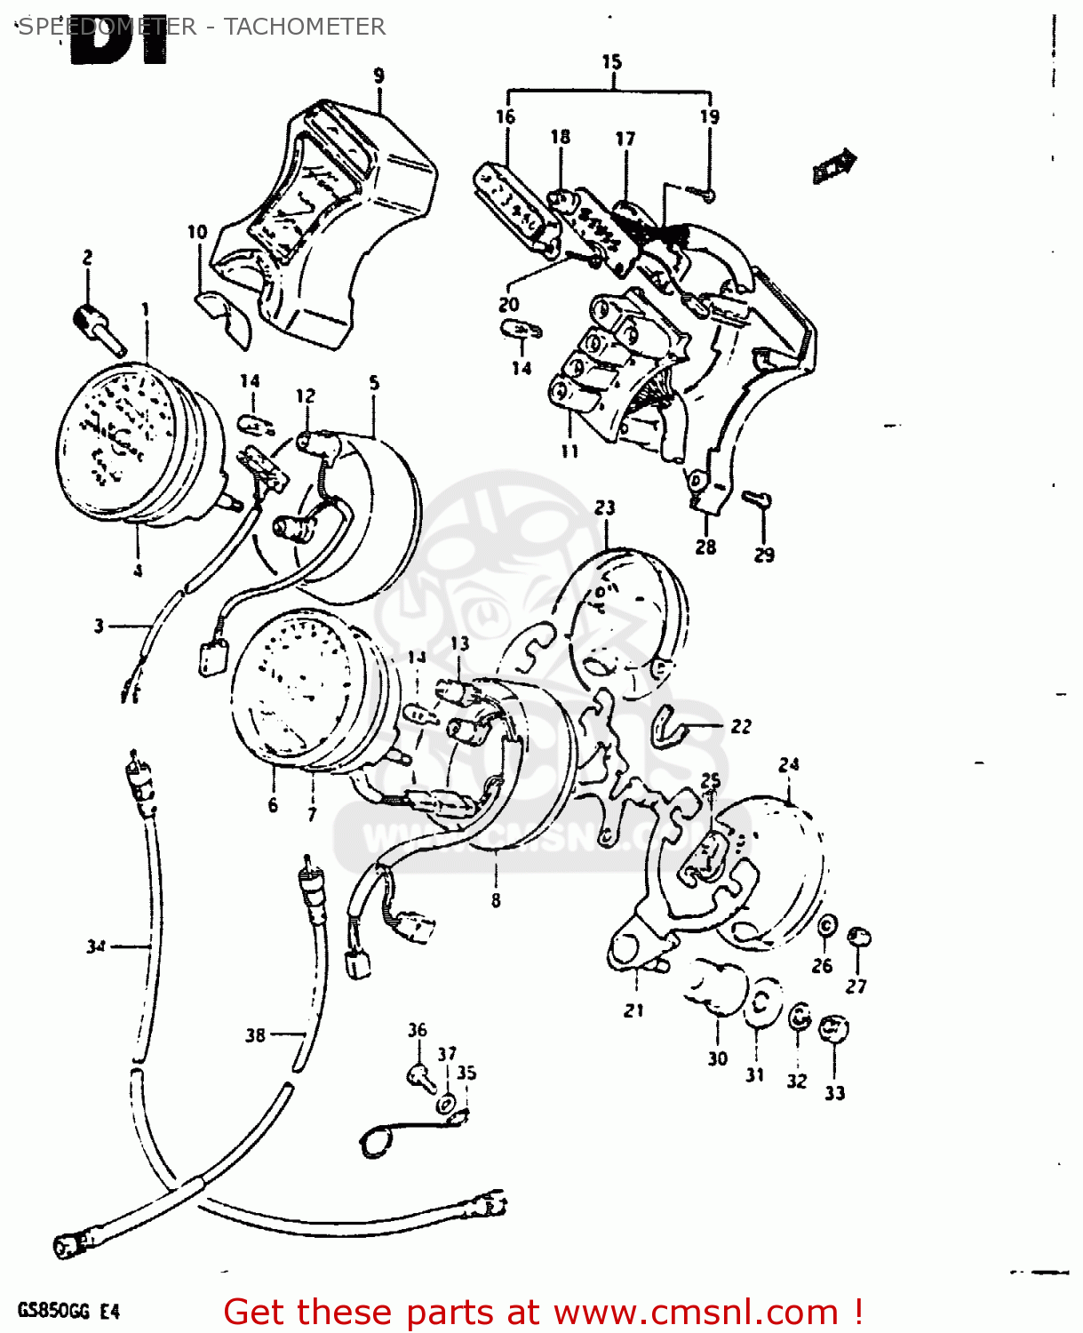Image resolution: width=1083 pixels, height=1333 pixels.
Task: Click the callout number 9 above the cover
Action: (x=379, y=76)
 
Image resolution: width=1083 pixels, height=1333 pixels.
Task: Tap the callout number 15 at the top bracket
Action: (x=611, y=61)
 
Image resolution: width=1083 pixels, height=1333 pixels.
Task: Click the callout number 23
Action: (x=605, y=507)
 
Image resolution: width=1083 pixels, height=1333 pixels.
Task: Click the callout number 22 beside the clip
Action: (x=741, y=726)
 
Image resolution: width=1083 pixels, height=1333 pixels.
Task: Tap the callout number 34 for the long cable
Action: (x=96, y=947)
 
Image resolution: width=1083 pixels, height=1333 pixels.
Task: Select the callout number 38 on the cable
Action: (x=255, y=1035)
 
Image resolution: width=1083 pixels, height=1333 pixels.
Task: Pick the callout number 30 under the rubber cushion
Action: (x=718, y=1058)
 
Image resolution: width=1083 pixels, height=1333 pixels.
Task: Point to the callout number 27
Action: (x=856, y=986)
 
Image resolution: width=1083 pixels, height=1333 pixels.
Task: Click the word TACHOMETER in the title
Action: (x=304, y=27)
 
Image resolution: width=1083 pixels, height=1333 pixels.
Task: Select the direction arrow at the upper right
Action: (x=834, y=165)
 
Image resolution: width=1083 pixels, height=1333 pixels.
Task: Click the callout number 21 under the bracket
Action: (x=633, y=1010)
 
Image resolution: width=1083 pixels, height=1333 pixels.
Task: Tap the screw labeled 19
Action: (x=706, y=193)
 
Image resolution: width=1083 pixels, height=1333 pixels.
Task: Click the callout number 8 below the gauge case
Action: (x=496, y=900)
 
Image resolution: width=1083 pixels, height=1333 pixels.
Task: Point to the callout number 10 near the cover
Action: (x=196, y=232)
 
